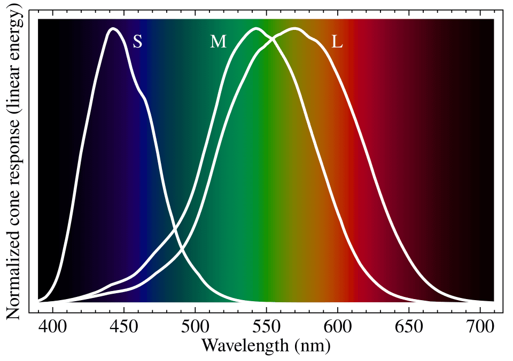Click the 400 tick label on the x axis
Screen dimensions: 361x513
53,327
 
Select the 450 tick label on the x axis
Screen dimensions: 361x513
124,327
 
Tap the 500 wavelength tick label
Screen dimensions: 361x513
195,327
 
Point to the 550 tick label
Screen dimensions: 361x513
266,327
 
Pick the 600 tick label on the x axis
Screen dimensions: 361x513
337,327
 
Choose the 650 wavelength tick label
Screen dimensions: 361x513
409,327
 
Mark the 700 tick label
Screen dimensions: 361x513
479,327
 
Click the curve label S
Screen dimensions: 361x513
137,42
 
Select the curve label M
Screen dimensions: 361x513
218,42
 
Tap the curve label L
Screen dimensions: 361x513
337,42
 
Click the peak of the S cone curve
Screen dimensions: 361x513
113,29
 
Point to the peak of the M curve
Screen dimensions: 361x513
256,29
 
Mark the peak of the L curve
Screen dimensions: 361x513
294,29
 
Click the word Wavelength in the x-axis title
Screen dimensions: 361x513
245,346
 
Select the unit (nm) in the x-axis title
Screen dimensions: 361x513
312,346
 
